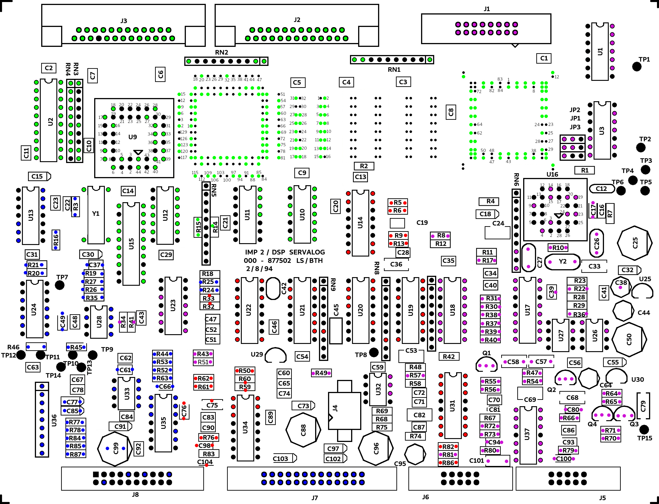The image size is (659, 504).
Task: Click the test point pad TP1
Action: click(637, 67)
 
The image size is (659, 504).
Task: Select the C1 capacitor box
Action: click(544, 58)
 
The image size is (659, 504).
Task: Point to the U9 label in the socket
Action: click(133, 137)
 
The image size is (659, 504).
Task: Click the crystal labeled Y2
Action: click(562, 262)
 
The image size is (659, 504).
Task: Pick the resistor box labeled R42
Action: click(449, 356)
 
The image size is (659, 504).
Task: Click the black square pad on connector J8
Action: click(96, 474)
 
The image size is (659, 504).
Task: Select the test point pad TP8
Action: click(374, 353)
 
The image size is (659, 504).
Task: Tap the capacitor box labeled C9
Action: click(302, 173)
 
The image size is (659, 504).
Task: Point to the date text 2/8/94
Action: click(259, 269)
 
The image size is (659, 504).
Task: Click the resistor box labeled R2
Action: click(364, 166)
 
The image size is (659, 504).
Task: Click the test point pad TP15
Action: click(644, 429)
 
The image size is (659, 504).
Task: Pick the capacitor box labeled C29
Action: click(166, 255)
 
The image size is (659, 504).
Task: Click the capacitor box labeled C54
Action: click(302, 356)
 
